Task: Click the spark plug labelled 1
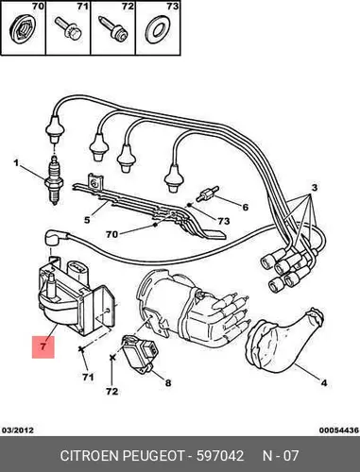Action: tap(55, 180)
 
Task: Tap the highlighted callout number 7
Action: tap(43, 346)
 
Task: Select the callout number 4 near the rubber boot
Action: tap(324, 383)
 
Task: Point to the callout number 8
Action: tap(168, 383)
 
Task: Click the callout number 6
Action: tap(245, 207)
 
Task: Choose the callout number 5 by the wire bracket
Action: tap(87, 219)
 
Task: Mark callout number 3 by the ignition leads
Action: tap(314, 188)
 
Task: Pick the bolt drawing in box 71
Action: tap(68, 29)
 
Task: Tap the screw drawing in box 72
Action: tap(113, 27)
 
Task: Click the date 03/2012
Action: tap(18, 430)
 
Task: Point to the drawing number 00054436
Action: tap(339, 430)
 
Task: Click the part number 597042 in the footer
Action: tap(220, 456)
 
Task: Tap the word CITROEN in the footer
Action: tap(90, 456)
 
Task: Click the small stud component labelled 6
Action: tap(207, 194)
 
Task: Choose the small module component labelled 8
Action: tap(139, 353)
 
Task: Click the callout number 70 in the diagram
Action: tap(111, 234)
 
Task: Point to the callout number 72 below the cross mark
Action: tap(111, 391)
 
